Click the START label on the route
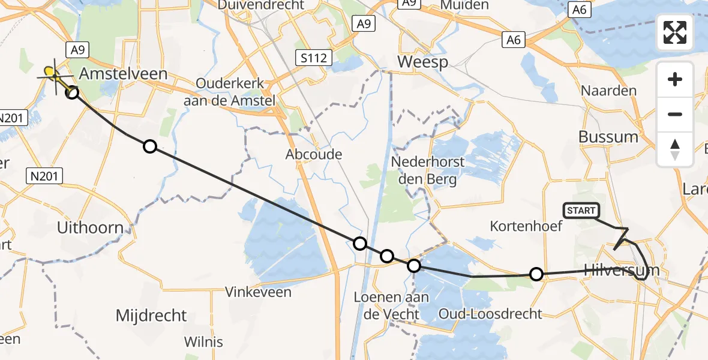click(581, 211)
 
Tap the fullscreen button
click(675, 32)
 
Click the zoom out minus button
click(675, 114)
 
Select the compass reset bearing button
click(675, 149)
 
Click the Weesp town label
click(422, 62)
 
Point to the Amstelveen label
click(115, 74)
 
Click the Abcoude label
click(314, 154)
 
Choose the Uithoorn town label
click(89, 228)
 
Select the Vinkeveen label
click(258, 292)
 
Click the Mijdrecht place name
click(151, 316)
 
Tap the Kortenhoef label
click(526, 226)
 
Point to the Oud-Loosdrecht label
click(490, 313)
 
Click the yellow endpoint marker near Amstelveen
click(51, 74)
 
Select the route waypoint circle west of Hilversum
click(536, 274)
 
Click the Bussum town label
click(608, 137)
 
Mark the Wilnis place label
click(203, 342)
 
